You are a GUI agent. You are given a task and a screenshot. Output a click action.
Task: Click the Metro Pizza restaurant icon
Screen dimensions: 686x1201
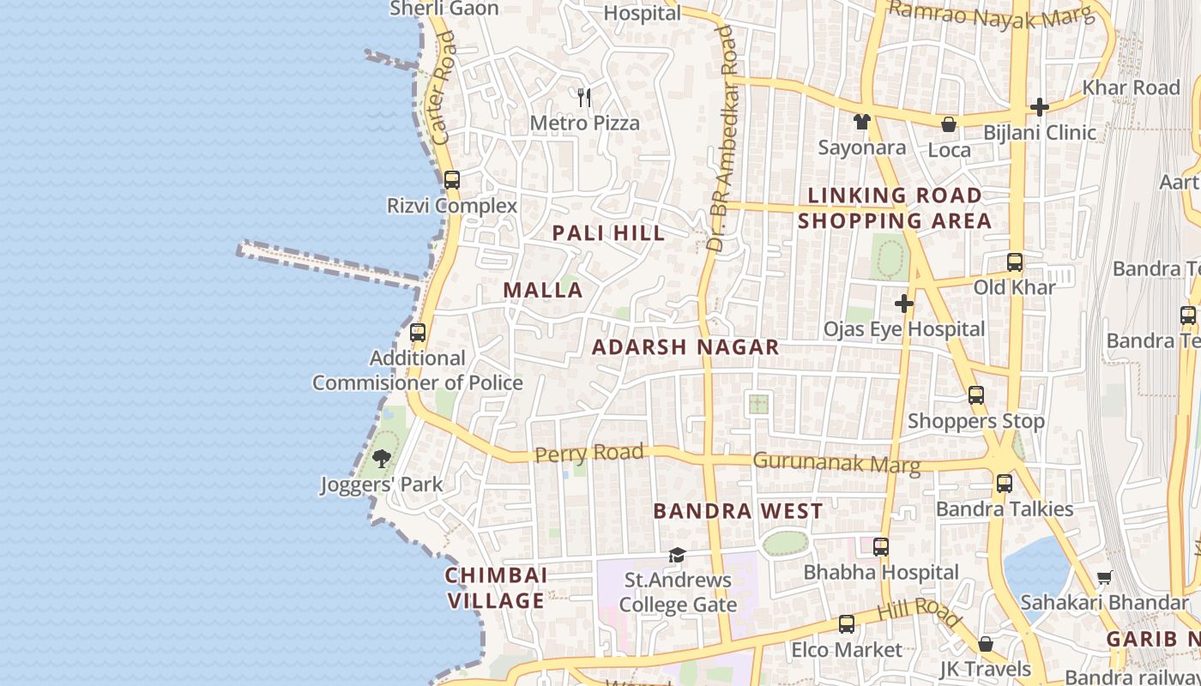tap(584, 98)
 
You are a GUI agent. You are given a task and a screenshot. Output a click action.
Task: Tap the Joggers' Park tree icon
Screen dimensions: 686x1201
tap(382, 459)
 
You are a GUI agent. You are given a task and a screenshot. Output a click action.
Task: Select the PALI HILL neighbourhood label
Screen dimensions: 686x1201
tap(608, 232)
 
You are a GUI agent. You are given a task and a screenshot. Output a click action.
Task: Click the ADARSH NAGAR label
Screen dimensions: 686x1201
tap(685, 347)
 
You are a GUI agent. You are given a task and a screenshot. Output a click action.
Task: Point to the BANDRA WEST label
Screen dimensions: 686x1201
tap(738, 511)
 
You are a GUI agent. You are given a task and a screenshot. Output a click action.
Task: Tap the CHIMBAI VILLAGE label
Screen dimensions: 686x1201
tap(497, 587)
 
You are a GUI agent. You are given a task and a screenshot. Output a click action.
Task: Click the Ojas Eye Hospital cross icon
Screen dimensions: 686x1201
tap(903, 304)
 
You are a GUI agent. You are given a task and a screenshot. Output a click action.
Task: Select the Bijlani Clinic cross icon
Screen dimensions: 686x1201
tap(1040, 107)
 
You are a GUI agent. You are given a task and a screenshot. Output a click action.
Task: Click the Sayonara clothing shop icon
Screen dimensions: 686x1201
tap(862, 122)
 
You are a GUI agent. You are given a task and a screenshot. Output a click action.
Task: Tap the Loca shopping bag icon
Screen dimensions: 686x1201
tap(949, 124)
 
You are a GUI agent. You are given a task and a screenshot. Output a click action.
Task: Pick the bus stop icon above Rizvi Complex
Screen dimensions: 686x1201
tap(452, 180)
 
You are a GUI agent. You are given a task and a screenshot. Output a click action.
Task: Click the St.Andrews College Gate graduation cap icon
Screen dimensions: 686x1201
tap(677, 555)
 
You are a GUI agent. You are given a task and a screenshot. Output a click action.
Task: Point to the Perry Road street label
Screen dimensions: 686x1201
tap(588, 453)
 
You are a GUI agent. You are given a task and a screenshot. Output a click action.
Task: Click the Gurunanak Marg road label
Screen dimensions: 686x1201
tap(836, 463)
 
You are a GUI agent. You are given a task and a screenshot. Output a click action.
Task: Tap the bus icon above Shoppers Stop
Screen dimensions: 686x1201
tap(976, 395)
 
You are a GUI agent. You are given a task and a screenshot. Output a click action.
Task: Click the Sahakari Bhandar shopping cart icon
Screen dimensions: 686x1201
tap(1104, 577)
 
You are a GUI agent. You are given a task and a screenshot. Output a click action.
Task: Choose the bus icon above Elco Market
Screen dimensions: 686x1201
tap(847, 624)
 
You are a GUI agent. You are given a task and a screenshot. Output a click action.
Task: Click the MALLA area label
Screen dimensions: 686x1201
tap(543, 290)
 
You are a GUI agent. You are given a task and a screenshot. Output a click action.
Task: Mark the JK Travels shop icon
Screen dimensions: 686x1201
tap(986, 644)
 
